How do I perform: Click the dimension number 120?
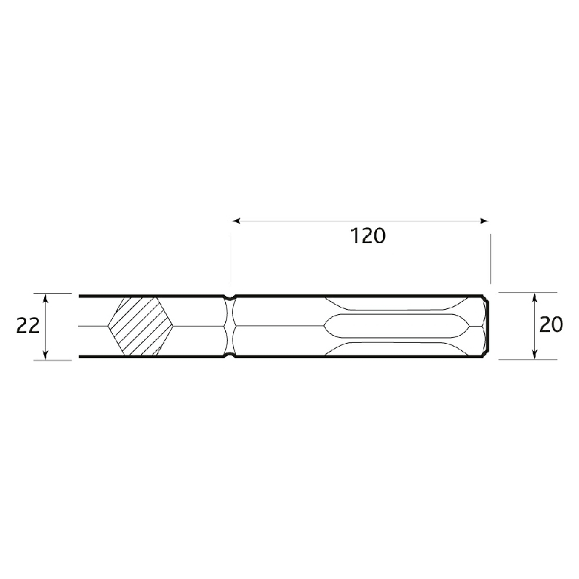[x=368, y=236]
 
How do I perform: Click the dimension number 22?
[x=28, y=326]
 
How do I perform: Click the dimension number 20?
[x=551, y=324]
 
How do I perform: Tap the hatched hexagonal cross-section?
[x=140, y=326]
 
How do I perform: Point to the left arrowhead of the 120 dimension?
[x=237, y=221]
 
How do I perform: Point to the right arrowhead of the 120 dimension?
[x=484, y=221]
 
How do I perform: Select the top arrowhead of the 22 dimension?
[x=46, y=298]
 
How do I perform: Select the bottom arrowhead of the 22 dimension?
[x=46, y=355]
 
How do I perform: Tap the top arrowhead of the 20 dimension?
[x=534, y=297]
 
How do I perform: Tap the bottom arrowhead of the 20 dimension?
[x=534, y=354]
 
